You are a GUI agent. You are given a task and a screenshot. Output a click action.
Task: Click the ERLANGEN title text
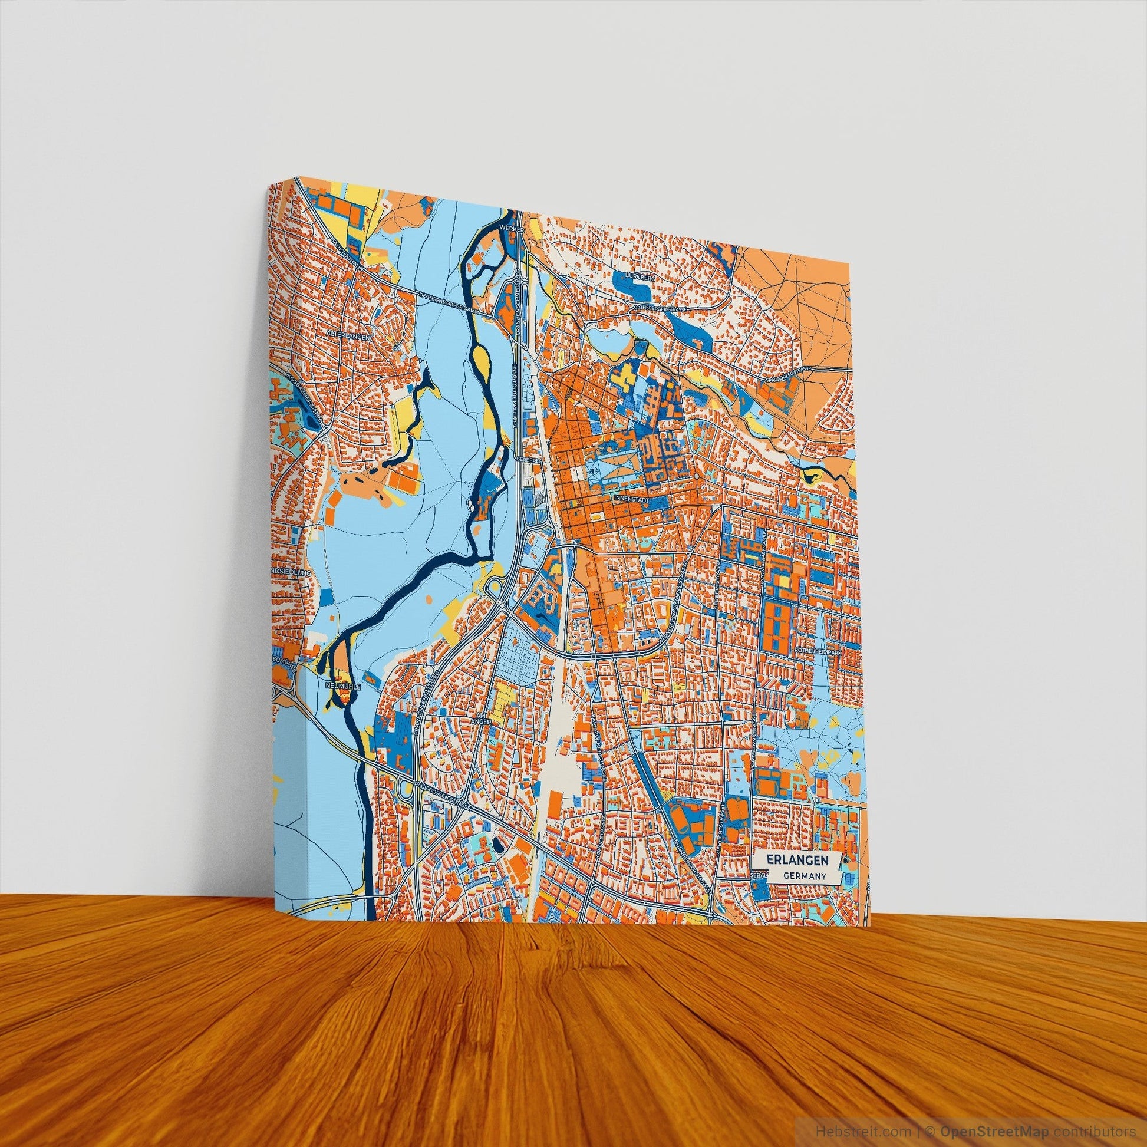[x=793, y=859]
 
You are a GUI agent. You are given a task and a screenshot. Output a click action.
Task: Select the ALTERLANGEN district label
[x=348, y=335]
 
